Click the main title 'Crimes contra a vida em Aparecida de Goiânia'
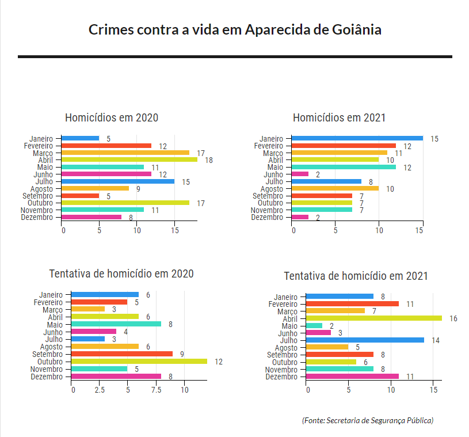tap(235, 29)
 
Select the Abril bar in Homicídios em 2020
tap(129, 159)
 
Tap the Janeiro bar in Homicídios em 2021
tap(357, 138)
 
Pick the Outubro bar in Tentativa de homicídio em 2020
tap(139, 361)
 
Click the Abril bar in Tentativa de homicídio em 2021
tap(373, 318)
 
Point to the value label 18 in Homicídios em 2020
tap(209, 160)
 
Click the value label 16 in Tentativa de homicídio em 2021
tap(453, 318)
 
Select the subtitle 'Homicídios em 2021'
tap(339, 117)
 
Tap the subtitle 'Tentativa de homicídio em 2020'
tap(121, 273)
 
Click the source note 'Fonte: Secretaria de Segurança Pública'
tap(368, 420)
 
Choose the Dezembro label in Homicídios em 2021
tap(267, 217)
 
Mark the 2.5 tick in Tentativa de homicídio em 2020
tap(100, 390)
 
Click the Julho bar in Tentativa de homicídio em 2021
tap(365, 340)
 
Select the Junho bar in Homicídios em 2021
tap(300, 174)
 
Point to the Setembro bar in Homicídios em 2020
tap(80, 196)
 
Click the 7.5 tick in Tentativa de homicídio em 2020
tap(155, 390)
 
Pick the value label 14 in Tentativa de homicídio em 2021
tap(436, 340)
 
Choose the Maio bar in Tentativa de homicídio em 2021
tap(314, 325)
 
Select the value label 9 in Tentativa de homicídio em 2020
tap(182, 354)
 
